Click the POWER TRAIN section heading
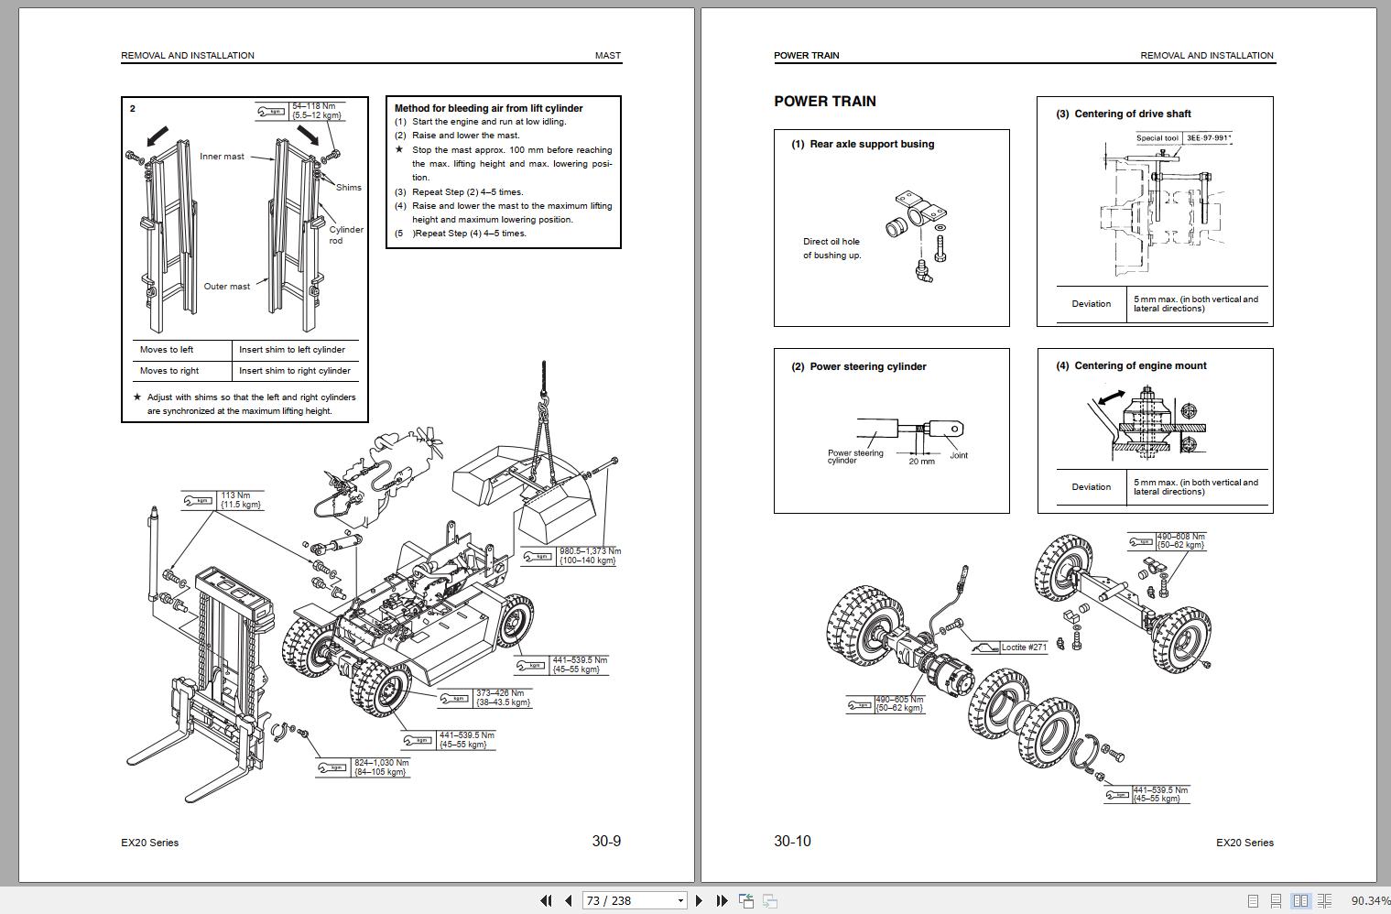point(824,102)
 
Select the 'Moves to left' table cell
point(167,350)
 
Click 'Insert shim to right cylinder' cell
point(295,371)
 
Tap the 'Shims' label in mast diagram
point(349,188)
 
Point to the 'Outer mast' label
point(226,287)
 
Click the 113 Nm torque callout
point(240,500)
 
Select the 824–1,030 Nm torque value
point(381,767)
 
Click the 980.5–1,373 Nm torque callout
point(589,556)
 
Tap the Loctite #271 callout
point(1023,647)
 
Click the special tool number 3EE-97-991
point(1209,138)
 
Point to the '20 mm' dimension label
point(921,462)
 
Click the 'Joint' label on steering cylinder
point(959,455)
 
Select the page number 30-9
point(606,841)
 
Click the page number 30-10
point(792,841)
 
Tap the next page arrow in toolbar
point(700,900)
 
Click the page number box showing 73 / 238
point(635,900)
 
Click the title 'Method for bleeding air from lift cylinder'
point(488,108)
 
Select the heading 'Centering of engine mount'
point(1140,365)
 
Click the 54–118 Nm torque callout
point(316,111)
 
